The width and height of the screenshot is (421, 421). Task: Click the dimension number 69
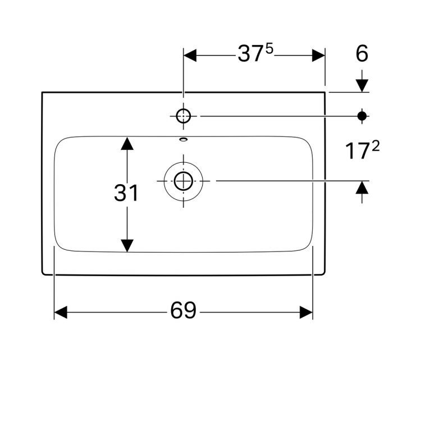[x=183, y=311]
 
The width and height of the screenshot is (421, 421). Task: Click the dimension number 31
[x=126, y=194]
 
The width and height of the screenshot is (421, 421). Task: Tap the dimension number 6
[x=362, y=54]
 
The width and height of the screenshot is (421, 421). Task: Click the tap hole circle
[x=184, y=116]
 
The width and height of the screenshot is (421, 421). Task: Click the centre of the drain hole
[x=184, y=181]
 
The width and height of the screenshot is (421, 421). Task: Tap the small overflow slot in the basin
[x=184, y=139]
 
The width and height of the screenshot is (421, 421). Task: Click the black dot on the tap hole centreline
[x=362, y=116]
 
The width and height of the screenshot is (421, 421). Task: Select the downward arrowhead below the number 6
[x=362, y=85]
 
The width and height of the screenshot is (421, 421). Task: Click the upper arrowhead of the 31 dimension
[x=128, y=144]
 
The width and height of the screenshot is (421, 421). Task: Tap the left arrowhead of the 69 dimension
[x=61, y=312]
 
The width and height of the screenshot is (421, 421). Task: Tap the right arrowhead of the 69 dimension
[x=306, y=312]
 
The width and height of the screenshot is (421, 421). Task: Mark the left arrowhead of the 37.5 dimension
[x=190, y=55]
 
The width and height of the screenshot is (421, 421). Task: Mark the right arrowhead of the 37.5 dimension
[x=318, y=55]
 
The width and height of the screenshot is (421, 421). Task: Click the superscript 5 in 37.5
[x=269, y=49]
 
